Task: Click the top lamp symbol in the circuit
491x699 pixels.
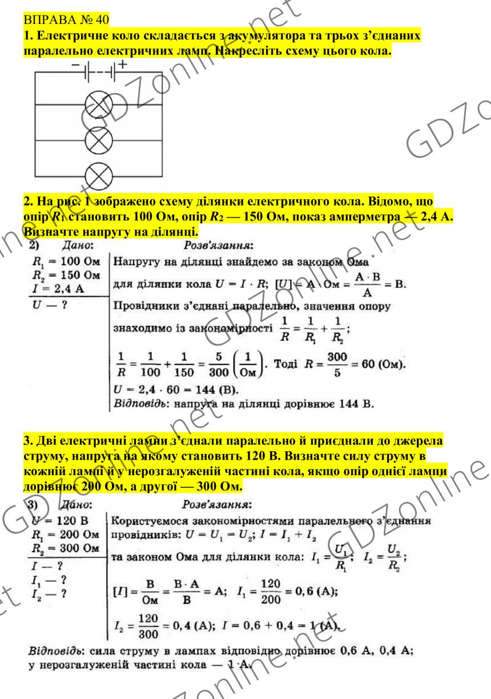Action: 100,105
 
